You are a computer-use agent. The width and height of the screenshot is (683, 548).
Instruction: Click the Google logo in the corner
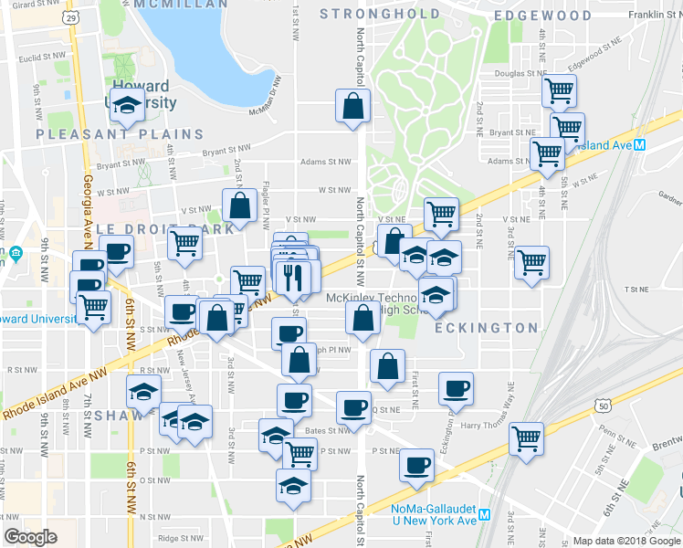[30, 537]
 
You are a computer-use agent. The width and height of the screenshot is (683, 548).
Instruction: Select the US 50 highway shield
[601, 404]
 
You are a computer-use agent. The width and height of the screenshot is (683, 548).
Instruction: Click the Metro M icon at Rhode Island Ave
[640, 145]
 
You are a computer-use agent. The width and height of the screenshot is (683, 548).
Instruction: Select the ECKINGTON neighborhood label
[486, 327]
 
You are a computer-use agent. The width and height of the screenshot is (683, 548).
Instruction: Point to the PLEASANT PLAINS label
[121, 133]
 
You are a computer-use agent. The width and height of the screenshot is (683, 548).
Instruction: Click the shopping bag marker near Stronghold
[352, 106]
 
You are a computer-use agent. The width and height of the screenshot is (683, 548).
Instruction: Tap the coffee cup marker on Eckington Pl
[456, 387]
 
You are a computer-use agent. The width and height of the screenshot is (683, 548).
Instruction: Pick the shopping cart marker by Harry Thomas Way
[526, 437]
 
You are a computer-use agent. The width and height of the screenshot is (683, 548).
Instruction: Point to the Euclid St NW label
[47, 56]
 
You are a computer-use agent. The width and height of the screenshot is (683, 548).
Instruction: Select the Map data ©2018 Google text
[625, 540]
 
